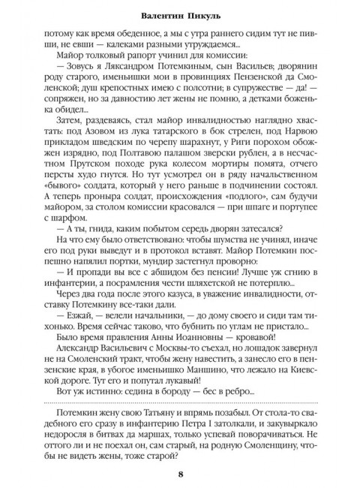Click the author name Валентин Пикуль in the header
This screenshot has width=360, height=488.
(180, 14)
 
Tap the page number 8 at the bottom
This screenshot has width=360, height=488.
(180, 473)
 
